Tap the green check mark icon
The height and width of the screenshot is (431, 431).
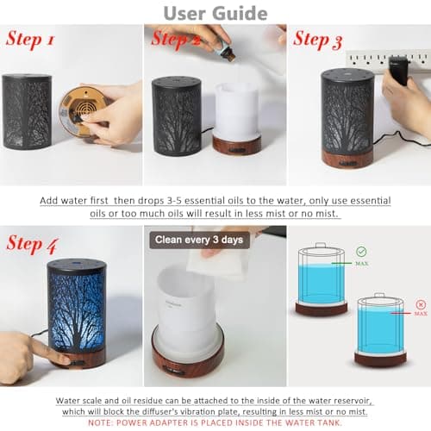click(x=361, y=252)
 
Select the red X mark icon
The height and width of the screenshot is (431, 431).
click(x=420, y=304)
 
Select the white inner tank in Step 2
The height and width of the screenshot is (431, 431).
click(x=236, y=112)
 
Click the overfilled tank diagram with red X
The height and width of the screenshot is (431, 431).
click(x=380, y=332)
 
